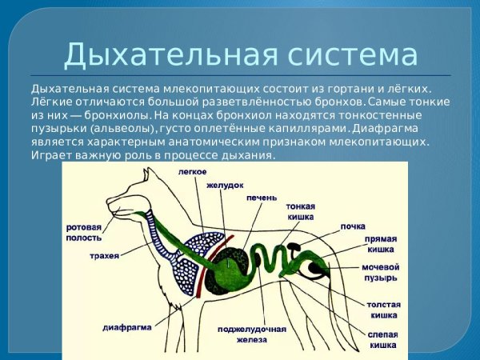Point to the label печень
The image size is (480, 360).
click(262, 197)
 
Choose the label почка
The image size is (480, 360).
click(352, 226)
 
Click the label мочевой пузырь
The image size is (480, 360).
click(380, 272)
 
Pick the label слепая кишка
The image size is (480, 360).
click(382, 339)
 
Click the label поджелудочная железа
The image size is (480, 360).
click(252, 334)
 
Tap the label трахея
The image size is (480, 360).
click(105, 256)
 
